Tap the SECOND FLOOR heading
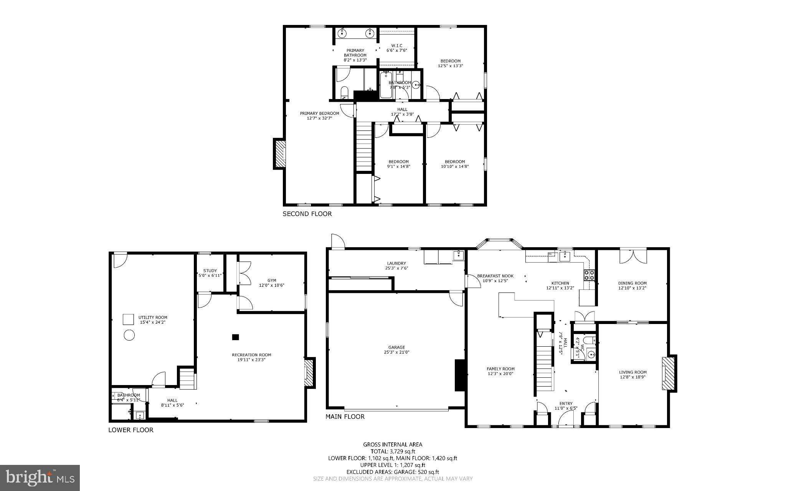[307, 214]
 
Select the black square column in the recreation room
[236, 337]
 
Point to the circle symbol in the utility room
[130, 336]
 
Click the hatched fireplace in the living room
[668, 373]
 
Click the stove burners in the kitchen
[589, 275]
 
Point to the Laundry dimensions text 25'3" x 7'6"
[396, 268]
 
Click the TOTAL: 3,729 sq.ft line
[393, 451]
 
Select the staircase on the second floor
[364, 146]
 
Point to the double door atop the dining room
[633, 256]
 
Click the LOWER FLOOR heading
[131, 430]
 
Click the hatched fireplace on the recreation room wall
[309, 373]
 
